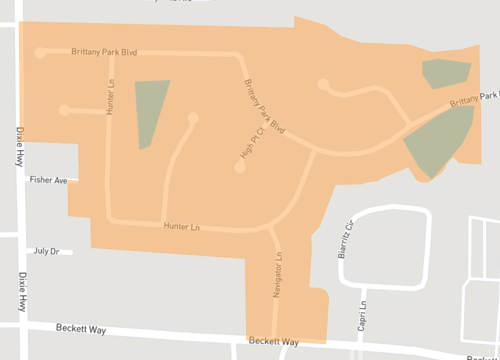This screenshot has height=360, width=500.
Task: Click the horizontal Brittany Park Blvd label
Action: click(104, 51)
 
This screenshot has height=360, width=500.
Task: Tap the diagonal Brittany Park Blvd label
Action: click(265, 106)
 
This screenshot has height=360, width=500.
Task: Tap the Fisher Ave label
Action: click(48, 180)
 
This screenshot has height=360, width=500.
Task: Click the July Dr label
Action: click(47, 251)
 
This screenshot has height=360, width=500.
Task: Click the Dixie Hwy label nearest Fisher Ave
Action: click(20, 144)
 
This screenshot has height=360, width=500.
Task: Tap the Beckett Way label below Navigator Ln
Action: click(275, 341)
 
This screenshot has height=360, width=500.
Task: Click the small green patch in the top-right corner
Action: click(445, 73)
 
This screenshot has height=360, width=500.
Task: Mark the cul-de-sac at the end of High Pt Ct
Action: click(240, 167)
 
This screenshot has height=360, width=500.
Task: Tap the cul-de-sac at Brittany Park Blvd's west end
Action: click(40, 53)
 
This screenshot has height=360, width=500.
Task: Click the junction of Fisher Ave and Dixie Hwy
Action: click(22, 180)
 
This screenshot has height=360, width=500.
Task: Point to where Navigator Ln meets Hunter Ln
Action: click(270, 229)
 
